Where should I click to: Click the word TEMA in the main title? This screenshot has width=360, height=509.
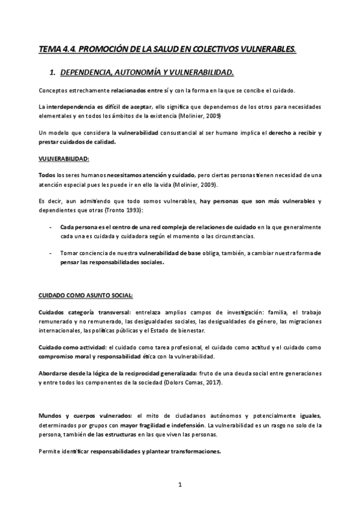[49, 49]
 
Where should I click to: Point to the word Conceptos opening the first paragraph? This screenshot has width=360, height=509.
[51, 91]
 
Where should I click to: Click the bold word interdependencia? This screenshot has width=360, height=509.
[72, 106]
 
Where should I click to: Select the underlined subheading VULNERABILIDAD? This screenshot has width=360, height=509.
[63, 158]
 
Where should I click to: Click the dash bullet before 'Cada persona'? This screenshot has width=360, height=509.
[50, 227]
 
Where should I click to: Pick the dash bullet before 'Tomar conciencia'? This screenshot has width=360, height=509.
[50, 253]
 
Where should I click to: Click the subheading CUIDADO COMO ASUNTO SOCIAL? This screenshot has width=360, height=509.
[86, 296]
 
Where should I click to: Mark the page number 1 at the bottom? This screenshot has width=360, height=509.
[179, 484]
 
